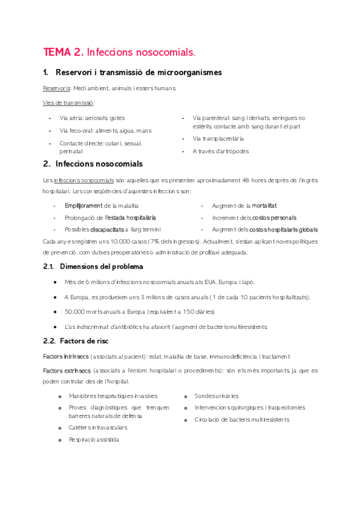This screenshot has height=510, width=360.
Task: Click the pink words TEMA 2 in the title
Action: pos(63,52)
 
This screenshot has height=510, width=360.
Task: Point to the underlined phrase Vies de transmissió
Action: pos(69,103)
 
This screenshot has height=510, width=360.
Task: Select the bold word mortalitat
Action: pos(264,206)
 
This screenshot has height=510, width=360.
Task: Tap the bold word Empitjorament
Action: pos(84,206)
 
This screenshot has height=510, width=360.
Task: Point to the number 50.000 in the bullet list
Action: pos(78,312)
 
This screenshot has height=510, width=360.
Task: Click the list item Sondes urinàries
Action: pos(216,396)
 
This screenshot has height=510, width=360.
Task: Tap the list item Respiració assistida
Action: pos(94,440)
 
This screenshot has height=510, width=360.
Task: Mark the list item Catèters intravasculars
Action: pos(98,428)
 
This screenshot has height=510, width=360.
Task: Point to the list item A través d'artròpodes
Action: pos(221,152)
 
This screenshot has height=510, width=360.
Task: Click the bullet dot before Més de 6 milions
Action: pos(55,281)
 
